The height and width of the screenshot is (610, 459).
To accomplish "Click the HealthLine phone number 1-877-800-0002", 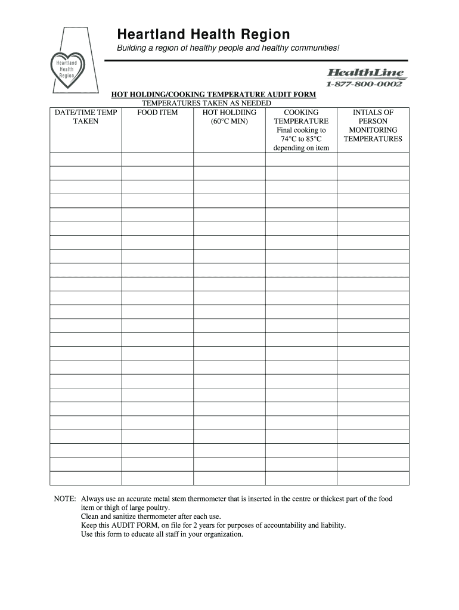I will point(364,84).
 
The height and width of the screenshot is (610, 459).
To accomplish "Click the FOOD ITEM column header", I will point(157,112).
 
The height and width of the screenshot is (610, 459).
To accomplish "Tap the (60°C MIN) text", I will point(229,121).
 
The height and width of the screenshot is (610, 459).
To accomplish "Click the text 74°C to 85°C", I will point(301,139).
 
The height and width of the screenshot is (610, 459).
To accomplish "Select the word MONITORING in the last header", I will point(373,130).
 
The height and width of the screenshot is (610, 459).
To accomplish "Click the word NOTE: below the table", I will point(65,499).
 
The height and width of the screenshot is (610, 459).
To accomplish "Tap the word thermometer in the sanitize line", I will point(152,516).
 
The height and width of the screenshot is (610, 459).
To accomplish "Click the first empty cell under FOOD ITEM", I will point(157,159).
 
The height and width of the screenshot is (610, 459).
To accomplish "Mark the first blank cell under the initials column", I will point(373,159).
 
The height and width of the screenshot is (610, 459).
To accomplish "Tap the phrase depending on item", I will point(301,148).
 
